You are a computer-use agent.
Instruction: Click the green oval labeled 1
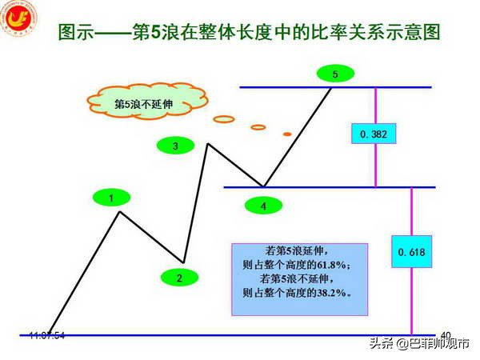113,196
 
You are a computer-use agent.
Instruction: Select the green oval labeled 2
179,278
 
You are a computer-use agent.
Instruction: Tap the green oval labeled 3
175,146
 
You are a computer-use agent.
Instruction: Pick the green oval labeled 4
263,206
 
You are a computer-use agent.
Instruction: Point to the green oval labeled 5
334,74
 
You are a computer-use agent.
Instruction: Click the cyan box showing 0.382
374,134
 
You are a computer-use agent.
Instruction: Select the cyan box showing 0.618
411,253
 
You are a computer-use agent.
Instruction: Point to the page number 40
446,335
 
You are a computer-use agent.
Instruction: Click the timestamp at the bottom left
47,334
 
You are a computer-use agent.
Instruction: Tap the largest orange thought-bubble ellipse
223,119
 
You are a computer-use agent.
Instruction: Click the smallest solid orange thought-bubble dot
287,133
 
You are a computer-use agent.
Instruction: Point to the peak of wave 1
120,212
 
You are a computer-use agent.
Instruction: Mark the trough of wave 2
184,262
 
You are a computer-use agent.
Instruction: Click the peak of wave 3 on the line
209,144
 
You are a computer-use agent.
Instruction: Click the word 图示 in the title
78,34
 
